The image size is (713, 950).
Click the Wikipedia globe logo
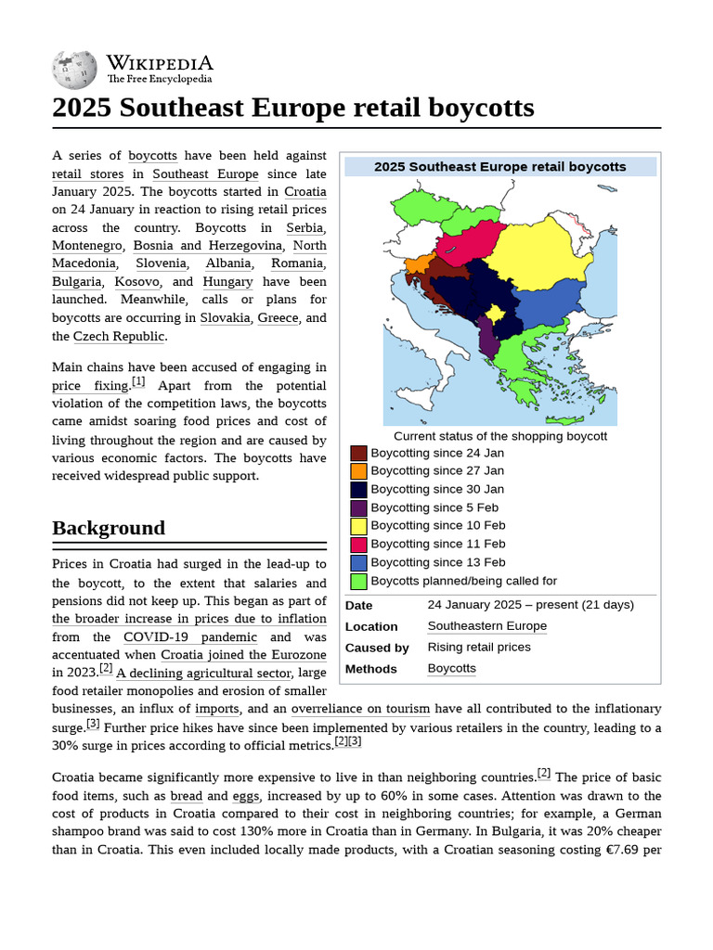tap(74, 71)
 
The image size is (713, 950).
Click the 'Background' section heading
tap(109, 528)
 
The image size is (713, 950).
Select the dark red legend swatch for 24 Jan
tap(358, 454)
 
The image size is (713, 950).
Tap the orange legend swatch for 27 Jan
tap(358, 471)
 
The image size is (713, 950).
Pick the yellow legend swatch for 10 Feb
tap(358, 526)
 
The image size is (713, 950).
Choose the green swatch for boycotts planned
tap(358, 582)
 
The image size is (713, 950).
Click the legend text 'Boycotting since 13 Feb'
tap(437, 562)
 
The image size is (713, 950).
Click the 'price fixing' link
tap(89, 385)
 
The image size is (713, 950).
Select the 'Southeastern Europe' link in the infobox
tap(486, 626)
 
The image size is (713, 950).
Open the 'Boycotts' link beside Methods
tap(451, 669)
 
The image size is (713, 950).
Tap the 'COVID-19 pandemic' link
tap(190, 636)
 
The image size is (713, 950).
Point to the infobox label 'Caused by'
tap(377, 648)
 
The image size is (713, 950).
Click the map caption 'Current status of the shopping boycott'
tap(500, 436)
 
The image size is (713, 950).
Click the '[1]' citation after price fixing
tap(138, 381)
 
